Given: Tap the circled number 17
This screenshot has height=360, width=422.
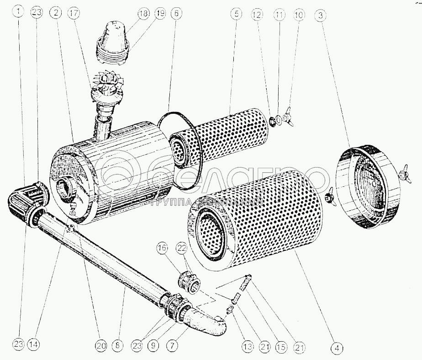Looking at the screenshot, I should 73,13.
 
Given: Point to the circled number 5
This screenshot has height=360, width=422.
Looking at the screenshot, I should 236,13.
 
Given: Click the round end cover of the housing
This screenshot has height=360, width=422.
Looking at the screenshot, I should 365,185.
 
